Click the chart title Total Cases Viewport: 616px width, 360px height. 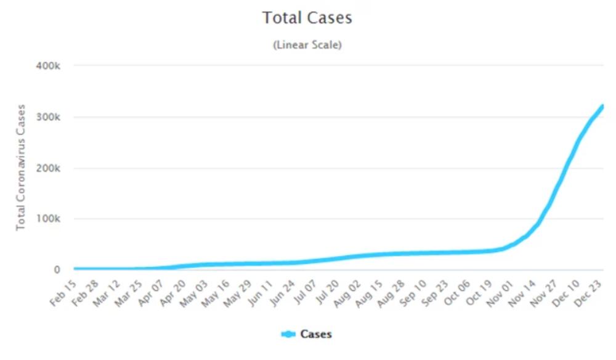[307, 18]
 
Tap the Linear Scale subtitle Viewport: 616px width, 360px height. [307, 45]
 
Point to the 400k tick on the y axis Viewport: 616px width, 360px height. [49, 65]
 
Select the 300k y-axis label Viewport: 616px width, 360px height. [49, 117]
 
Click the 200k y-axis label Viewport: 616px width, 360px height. [49, 168]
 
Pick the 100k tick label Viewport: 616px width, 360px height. [49, 219]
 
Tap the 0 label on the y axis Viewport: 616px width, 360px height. [57, 270]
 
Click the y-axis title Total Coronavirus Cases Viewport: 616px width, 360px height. [22, 168]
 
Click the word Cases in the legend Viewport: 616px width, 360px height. [316, 335]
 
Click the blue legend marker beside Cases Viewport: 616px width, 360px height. [288, 335]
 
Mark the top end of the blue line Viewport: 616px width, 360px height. [602, 106]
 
